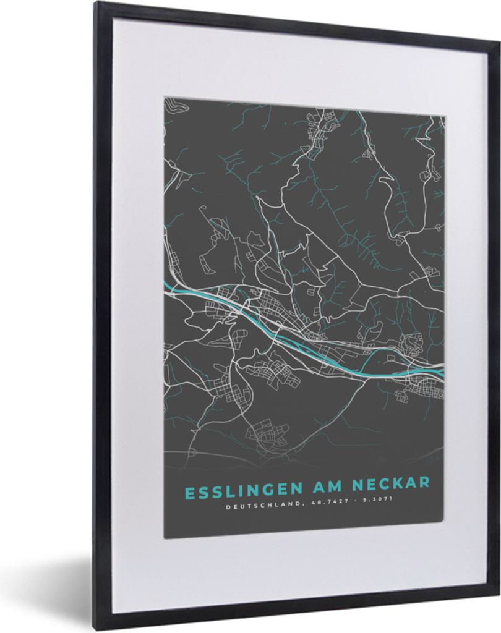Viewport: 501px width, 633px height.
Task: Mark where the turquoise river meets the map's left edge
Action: click(165, 283)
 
